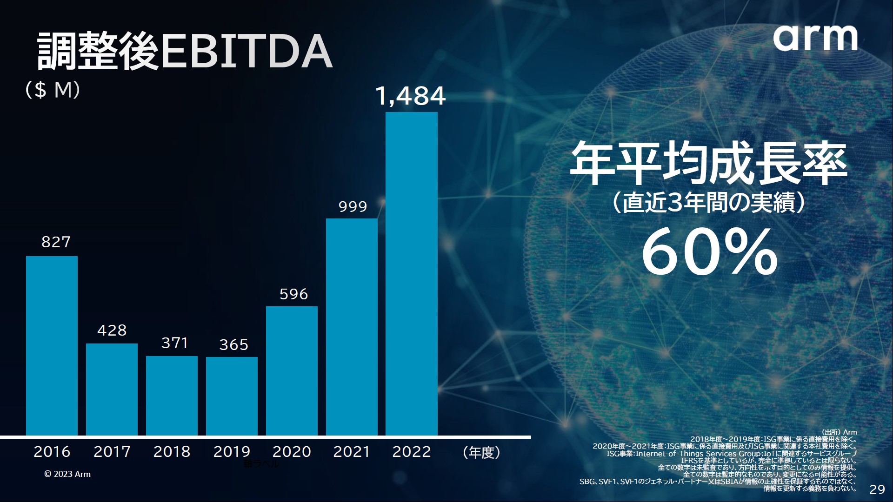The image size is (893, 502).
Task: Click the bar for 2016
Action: point(52,346)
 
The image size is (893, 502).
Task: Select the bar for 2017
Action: point(112,390)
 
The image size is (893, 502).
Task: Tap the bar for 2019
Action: point(232,396)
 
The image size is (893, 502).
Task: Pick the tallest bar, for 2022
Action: point(412,274)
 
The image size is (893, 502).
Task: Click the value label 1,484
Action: point(410,96)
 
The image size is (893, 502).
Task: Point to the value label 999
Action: point(353,206)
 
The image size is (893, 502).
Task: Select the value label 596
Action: point(293,294)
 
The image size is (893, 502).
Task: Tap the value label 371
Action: point(174,343)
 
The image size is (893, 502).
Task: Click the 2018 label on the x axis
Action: point(172,452)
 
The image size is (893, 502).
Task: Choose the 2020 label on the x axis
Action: point(292,452)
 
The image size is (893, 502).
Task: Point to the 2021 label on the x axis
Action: point(352,452)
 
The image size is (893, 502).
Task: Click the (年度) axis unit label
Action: point(481,452)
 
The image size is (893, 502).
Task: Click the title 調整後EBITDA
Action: point(184,52)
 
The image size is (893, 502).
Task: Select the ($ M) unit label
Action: point(53,90)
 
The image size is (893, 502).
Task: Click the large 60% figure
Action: point(709,252)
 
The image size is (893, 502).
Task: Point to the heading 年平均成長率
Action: point(708,164)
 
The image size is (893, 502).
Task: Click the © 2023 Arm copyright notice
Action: point(67,474)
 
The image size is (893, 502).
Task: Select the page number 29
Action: point(877,489)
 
